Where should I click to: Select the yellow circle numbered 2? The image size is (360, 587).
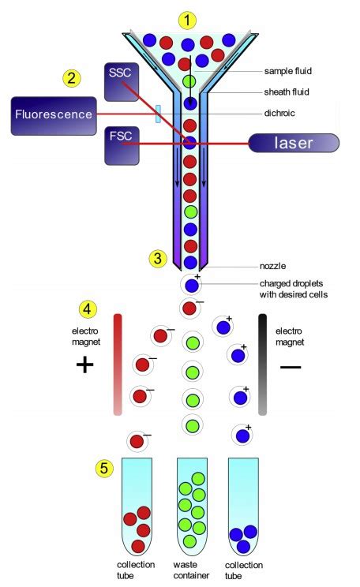coord(72,78)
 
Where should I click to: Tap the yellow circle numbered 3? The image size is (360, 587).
coord(158,258)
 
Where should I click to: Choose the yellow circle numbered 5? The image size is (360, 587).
coord(103,469)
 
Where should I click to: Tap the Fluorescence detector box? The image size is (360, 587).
coord(53,114)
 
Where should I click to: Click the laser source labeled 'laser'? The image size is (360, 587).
coord(294,144)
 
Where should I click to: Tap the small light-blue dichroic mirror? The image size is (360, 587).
coord(158,114)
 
